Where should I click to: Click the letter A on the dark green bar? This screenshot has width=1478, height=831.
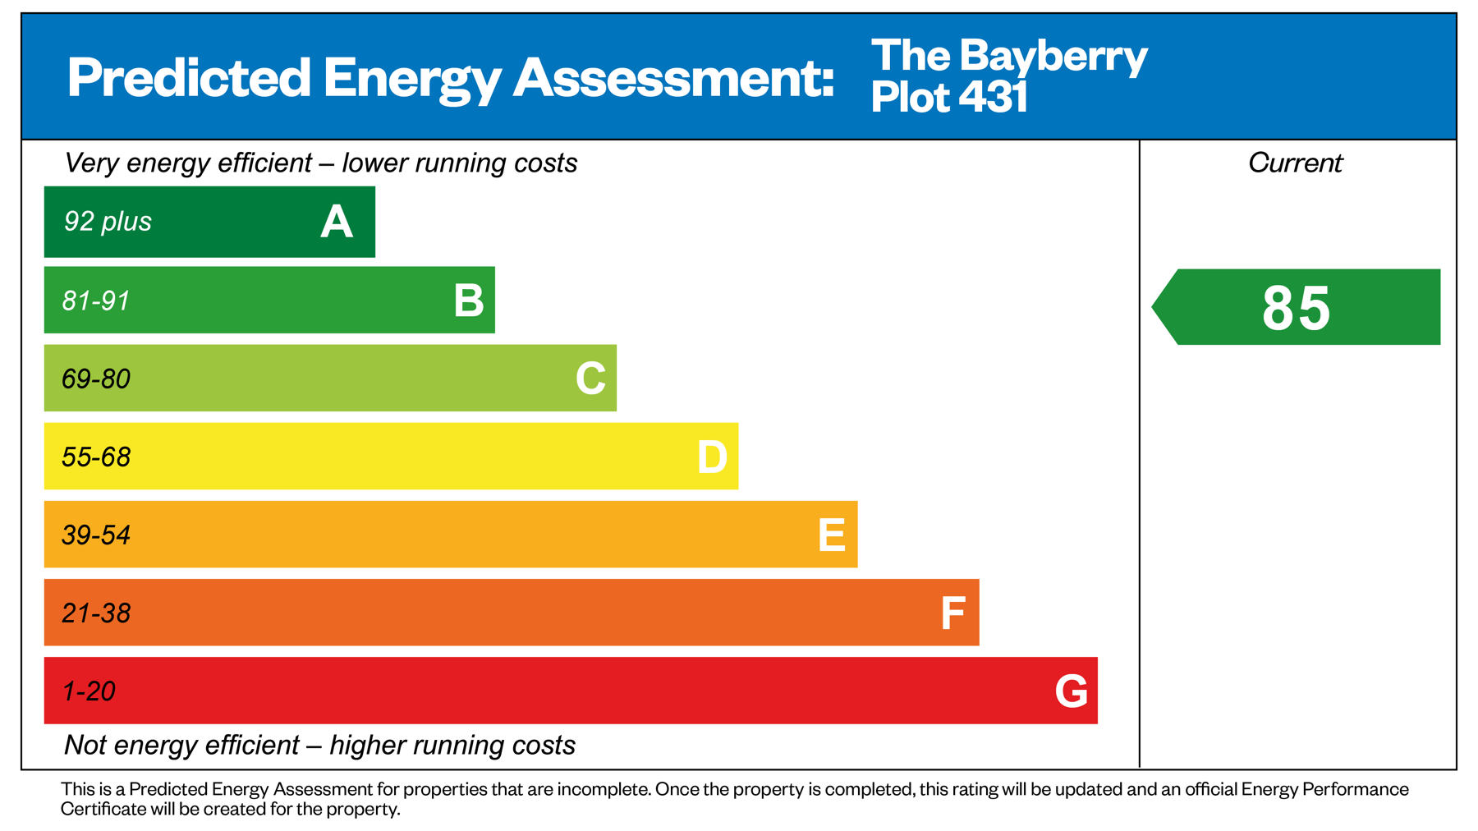point(337,222)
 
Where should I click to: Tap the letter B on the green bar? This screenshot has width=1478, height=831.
point(469,301)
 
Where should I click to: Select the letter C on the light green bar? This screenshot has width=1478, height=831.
point(590,379)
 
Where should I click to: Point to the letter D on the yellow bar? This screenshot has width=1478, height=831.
point(712,457)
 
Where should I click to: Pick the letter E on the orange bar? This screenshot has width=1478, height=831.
point(832,535)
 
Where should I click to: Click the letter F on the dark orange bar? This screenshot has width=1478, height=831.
point(952,613)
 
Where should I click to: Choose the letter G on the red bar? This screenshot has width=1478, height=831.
point(1072,691)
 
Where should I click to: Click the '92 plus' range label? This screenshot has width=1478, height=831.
point(108,222)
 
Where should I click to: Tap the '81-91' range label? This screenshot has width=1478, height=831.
point(96,301)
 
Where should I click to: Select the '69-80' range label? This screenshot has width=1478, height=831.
point(96,379)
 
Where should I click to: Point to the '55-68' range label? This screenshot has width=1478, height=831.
point(96,457)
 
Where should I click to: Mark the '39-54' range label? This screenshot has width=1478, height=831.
point(96,535)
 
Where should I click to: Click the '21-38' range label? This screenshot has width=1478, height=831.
point(96,613)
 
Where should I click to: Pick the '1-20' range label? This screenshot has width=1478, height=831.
point(89,691)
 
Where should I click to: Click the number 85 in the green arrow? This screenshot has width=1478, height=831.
point(1296,309)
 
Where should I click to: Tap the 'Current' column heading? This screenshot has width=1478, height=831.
point(1295,163)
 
